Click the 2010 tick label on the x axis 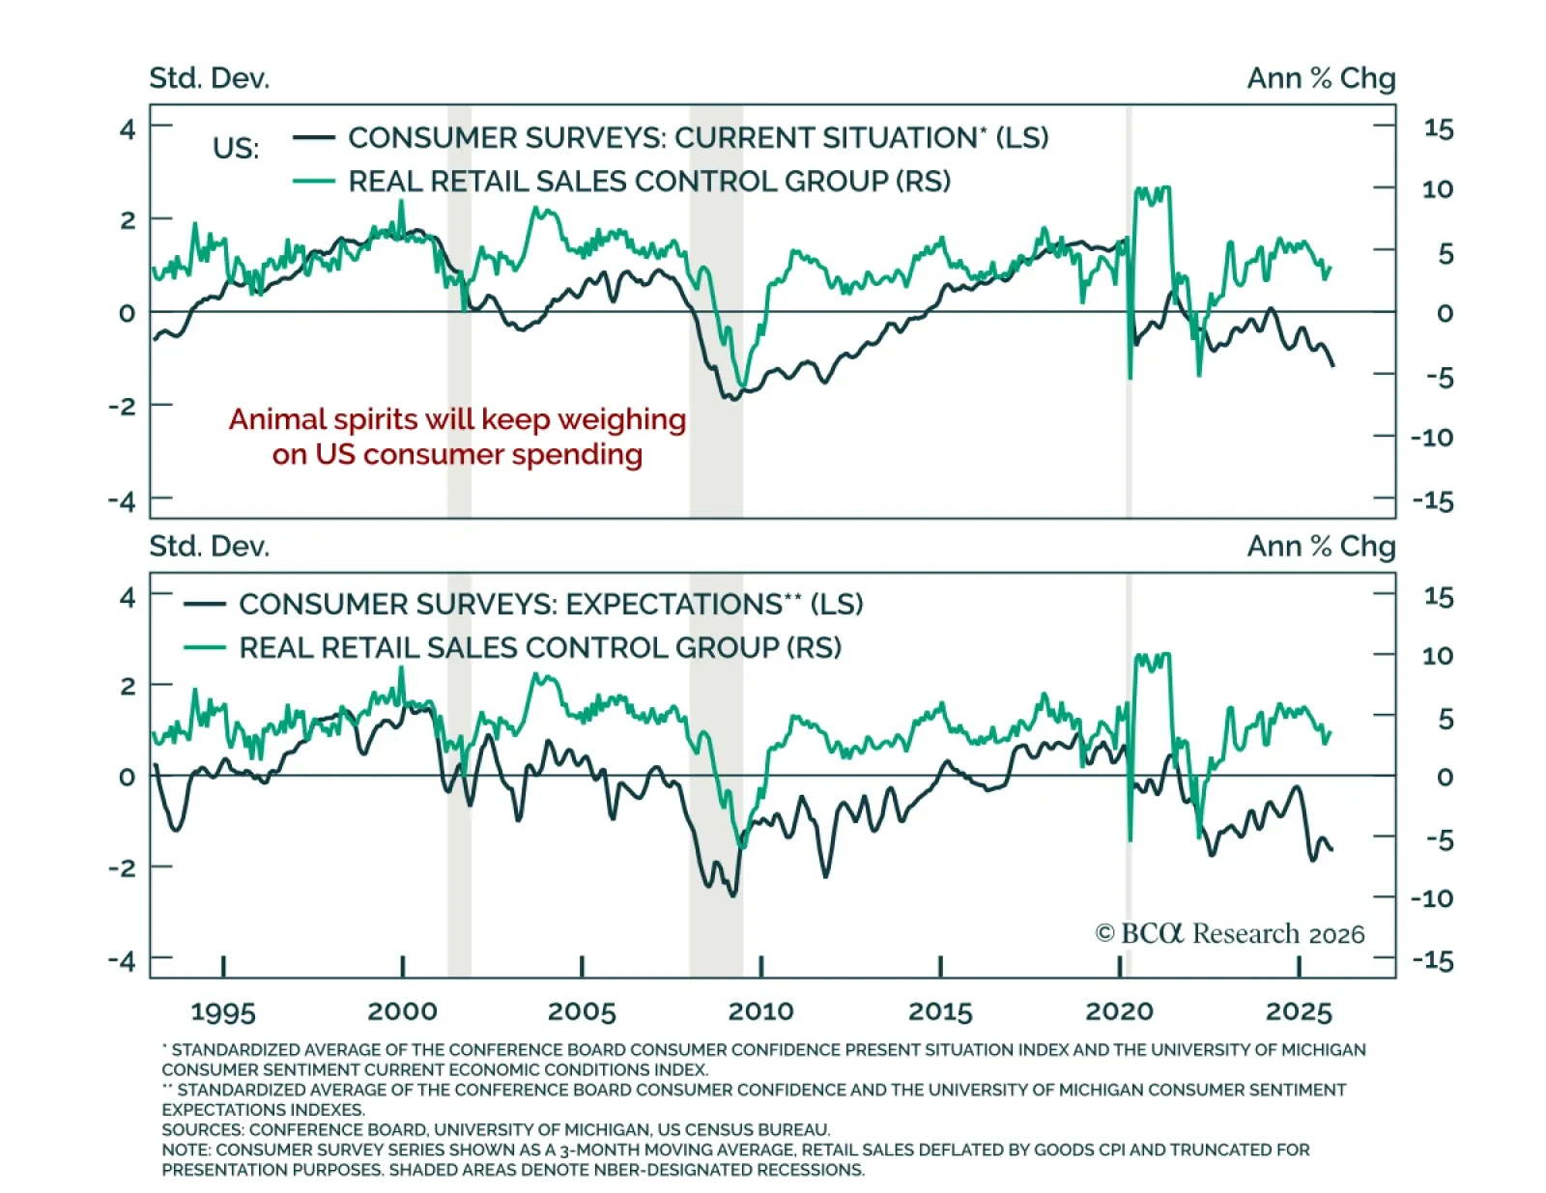(x=760, y=1011)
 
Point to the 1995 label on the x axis (x=223, y=1011)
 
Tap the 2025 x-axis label (x=1299, y=1011)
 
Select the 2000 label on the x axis (x=402, y=1011)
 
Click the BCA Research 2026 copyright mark (x=1229, y=933)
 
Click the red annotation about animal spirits (x=457, y=437)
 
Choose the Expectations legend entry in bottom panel (x=551, y=605)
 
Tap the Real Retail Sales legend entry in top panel (x=648, y=182)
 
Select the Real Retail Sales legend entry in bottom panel (x=540, y=647)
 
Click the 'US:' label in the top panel (x=236, y=149)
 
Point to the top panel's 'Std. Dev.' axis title (x=210, y=78)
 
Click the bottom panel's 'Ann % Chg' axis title (x=1321, y=547)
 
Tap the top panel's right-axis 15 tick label (x=1438, y=128)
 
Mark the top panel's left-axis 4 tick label (x=128, y=128)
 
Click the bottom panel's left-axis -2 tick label (x=122, y=867)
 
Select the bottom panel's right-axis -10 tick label (x=1432, y=898)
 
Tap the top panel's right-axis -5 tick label (x=1439, y=377)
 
